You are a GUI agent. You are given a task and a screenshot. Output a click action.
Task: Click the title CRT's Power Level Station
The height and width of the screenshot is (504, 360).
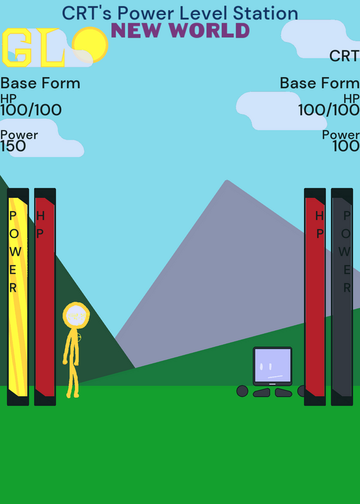point(180,13)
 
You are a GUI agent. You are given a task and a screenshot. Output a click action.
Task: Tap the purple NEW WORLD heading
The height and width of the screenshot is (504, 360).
point(180,31)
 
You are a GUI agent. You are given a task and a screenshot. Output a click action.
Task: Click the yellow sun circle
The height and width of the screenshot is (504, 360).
point(90,45)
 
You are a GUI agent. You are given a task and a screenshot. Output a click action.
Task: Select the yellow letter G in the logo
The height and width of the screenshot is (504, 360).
point(17,48)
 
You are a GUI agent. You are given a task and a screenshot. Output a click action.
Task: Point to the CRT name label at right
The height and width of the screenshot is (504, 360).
point(344,56)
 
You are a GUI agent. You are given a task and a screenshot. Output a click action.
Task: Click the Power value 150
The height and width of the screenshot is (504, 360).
point(13,146)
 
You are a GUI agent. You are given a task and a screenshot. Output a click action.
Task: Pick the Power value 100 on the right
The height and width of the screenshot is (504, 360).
point(346,146)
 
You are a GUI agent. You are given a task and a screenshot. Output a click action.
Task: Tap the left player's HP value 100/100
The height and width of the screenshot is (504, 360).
point(31,110)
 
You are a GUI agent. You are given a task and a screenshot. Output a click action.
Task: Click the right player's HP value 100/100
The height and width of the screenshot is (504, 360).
point(329,110)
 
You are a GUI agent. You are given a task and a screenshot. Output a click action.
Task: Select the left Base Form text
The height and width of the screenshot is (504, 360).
point(40,83)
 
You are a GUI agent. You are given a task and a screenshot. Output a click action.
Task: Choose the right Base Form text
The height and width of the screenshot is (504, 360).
point(320,83)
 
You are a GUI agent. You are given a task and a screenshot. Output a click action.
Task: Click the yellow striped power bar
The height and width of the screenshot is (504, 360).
point(18,297)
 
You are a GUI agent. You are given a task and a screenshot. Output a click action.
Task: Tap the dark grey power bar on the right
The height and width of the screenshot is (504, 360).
point(342,297)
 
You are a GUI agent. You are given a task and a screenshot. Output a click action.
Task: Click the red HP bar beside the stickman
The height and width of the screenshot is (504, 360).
point(45,297)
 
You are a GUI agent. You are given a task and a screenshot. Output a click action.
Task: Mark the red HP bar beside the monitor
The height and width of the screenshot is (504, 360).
point(315,297)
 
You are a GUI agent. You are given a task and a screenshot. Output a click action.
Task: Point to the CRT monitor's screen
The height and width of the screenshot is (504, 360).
point(272,365)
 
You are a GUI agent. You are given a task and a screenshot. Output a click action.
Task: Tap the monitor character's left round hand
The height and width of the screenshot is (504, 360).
point(242,391)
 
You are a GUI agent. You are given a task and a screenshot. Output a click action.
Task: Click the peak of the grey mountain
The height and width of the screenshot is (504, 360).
point(227,181)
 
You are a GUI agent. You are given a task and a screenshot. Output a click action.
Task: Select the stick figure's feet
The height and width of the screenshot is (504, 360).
point(73,395)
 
